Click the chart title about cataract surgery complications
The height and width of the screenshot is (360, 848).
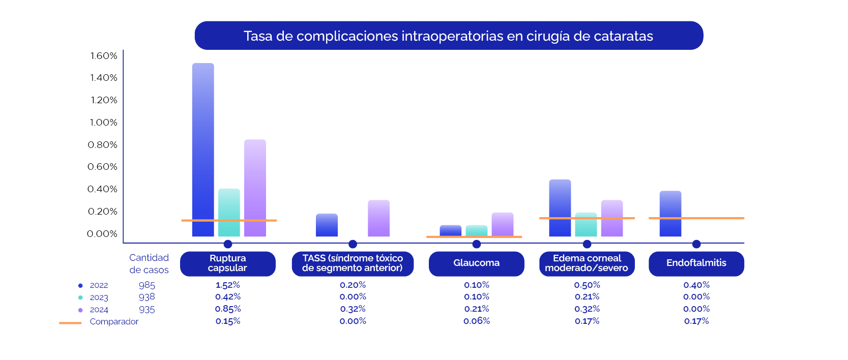448,36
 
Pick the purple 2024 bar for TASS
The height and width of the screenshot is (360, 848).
378,218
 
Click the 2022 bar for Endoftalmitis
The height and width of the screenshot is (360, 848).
670,214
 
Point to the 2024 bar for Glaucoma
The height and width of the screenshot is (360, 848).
503,224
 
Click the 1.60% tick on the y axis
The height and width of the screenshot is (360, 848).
104,56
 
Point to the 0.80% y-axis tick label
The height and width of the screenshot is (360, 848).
103,145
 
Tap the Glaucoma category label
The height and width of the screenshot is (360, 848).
476,263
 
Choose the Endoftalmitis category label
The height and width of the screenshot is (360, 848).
696,263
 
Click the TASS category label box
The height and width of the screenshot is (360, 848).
353,263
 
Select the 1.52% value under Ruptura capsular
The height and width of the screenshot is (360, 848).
227,285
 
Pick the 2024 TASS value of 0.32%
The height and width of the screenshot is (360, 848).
353,309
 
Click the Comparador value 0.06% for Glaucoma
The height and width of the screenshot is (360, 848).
477,321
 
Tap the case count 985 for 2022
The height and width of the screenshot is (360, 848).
147,285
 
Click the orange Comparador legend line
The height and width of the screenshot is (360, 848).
70,323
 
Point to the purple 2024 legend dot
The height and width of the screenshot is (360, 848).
80,310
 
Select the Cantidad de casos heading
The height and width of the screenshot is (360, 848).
149,263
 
